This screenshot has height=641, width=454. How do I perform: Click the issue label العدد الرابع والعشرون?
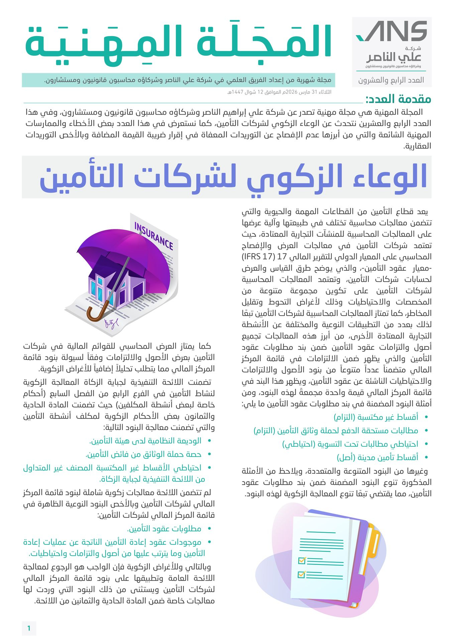(391, 80)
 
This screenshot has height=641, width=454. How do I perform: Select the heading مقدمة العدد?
(398, 99)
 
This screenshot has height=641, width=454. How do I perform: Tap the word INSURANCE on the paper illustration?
(153, 236)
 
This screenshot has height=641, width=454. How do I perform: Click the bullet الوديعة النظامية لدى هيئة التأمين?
(145, 441)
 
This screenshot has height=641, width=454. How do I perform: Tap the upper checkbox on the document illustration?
(302, 560)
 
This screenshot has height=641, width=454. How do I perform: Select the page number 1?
(29, 628)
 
